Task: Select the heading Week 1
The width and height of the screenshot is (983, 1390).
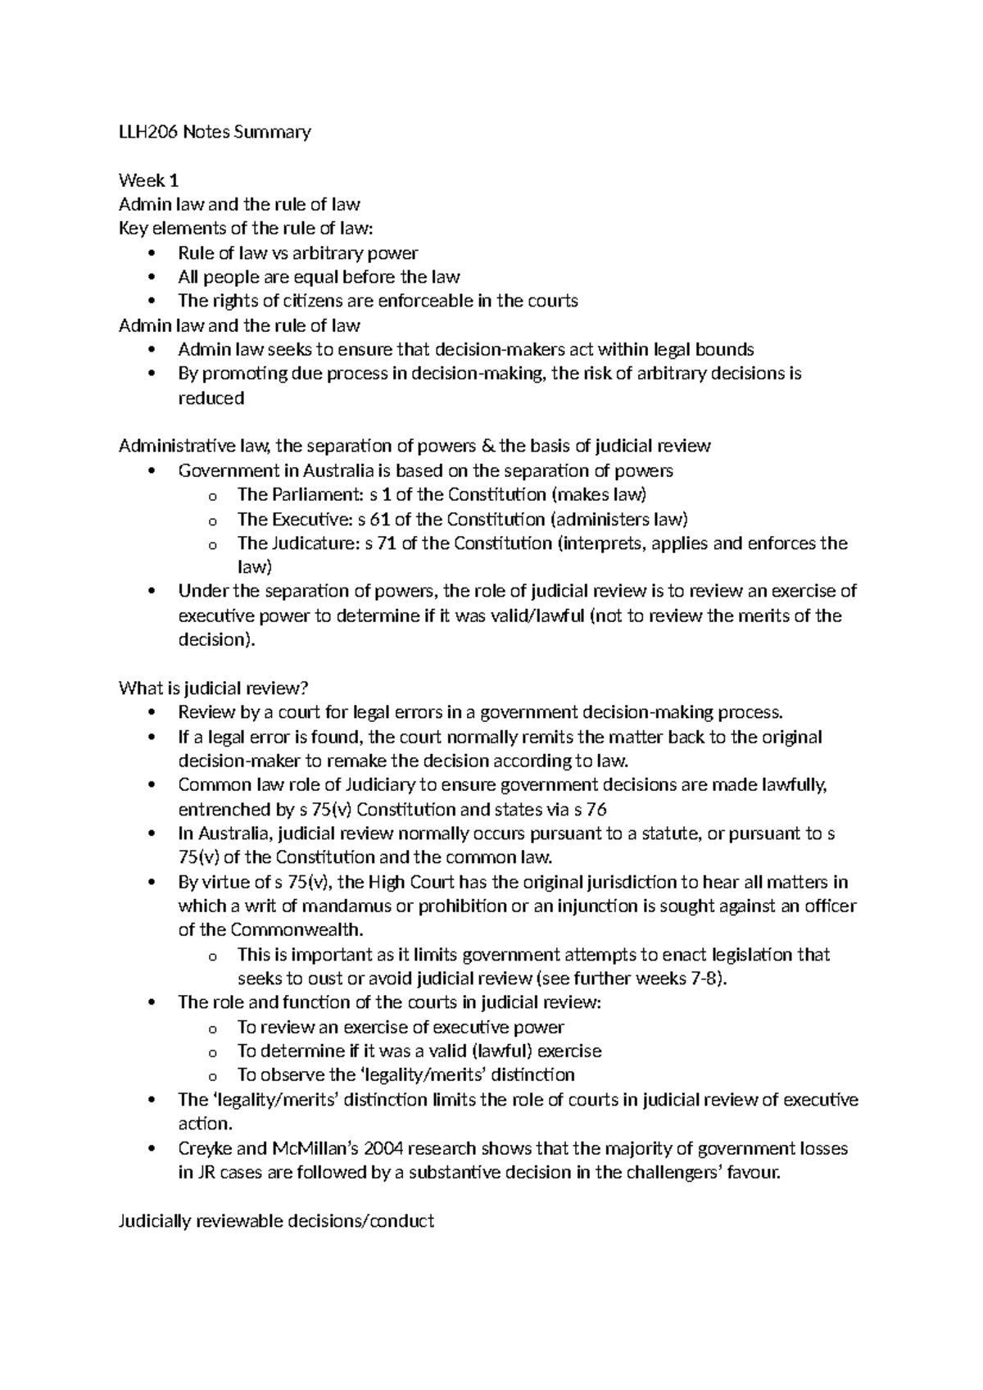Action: click(148, 180)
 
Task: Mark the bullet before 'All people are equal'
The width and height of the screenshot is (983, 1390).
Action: click(152, 278)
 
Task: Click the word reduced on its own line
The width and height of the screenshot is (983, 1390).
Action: click(211, 398)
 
